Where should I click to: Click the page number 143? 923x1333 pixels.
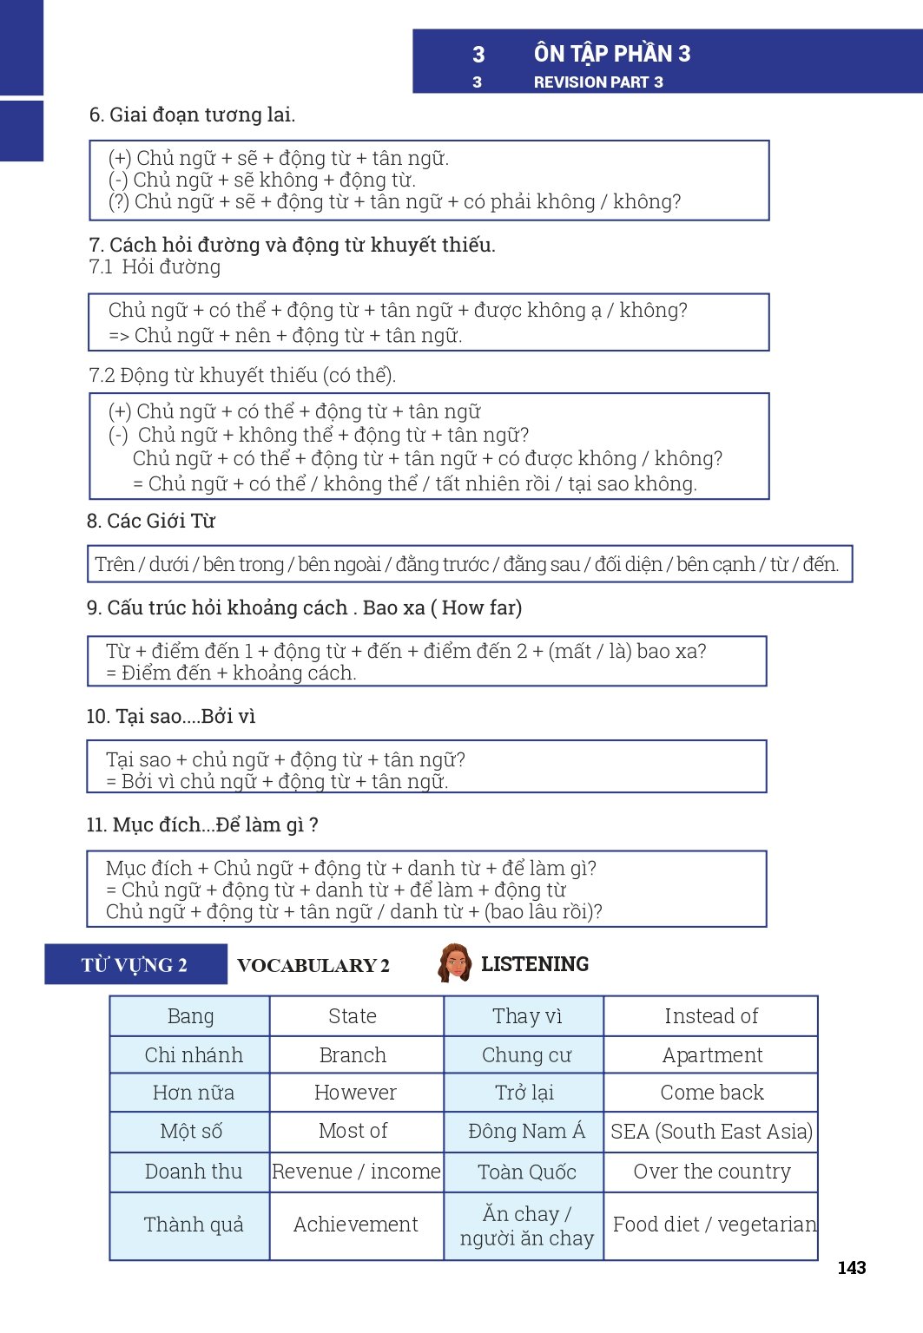pos(851,1268)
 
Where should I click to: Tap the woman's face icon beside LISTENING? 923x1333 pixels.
pos(454,963)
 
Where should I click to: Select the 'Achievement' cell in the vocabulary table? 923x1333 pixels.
pos(356,1225)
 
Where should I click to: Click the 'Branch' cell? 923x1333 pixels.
pos(353,1055)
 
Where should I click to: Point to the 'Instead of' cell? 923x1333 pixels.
pos(711,1016)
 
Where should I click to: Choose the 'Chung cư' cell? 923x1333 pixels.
pos(526,1055)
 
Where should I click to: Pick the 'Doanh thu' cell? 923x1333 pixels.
pos(193,1172)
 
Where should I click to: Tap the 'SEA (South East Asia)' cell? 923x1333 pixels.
pos(711,1132)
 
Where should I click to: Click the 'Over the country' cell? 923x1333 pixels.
pos(711,1172)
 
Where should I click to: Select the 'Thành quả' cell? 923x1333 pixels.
pos(193,1225)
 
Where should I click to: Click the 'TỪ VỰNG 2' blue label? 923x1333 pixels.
pos(135,965)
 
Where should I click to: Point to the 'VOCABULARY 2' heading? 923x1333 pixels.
pos(313,965)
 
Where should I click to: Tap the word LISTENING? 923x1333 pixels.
pos(535,964)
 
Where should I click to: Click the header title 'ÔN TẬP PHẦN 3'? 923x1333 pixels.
pos(612,54)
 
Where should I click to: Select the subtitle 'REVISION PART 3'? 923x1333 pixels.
pos(598,82)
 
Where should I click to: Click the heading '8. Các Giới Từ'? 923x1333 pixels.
pos(150,521)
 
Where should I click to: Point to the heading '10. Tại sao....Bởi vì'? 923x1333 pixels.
pos(171,716)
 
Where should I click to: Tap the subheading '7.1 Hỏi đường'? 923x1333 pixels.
pos(155,267)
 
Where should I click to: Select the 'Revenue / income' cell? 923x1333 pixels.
pos(356,1172)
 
